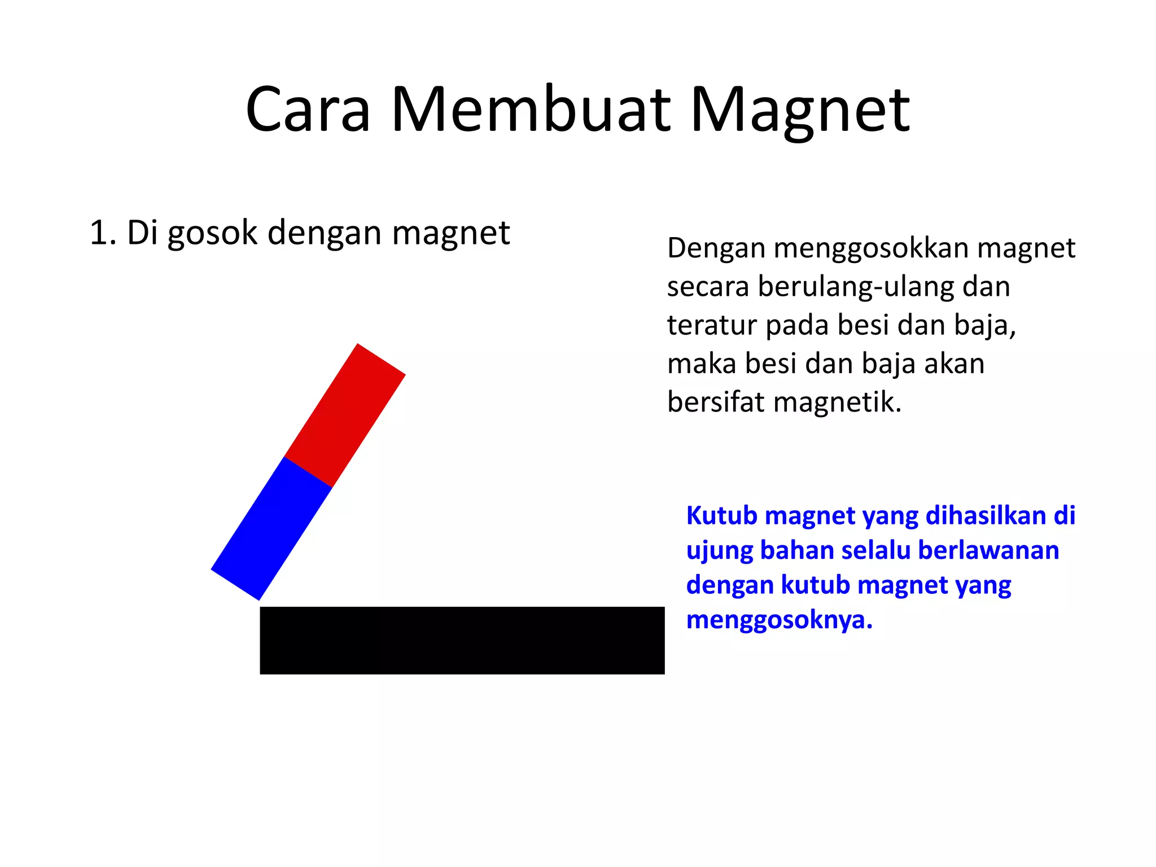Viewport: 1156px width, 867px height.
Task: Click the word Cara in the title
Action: (308, 110)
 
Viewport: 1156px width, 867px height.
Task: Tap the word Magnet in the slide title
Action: (800, 110)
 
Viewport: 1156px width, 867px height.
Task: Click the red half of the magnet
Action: (345, 415)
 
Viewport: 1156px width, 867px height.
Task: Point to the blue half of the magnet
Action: (271, 528)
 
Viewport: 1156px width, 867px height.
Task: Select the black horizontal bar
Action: (462, 640)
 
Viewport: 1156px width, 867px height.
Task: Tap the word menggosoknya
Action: (779, 620)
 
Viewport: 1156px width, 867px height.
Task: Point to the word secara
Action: (708, 287)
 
